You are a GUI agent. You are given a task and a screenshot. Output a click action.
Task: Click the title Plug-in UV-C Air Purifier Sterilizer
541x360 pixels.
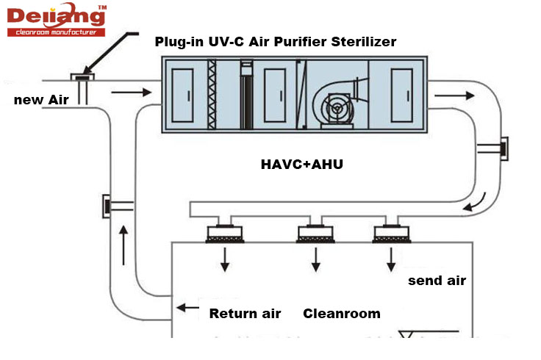point(275,42)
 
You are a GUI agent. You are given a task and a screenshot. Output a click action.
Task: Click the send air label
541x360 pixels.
point(437,280)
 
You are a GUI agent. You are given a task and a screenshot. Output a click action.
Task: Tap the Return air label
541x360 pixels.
point(245,314)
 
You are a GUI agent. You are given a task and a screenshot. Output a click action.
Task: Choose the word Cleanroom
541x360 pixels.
point(342,314)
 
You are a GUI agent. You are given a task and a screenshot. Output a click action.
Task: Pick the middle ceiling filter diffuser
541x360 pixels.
point(317,234)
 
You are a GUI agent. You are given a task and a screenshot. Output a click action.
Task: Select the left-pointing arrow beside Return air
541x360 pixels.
point(188,309)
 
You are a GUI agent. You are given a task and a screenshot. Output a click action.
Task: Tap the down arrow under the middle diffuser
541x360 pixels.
point(316,259)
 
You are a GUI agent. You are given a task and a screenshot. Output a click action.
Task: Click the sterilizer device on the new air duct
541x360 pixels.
point(82,77)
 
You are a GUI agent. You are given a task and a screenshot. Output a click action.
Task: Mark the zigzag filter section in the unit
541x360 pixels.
point(214,95)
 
